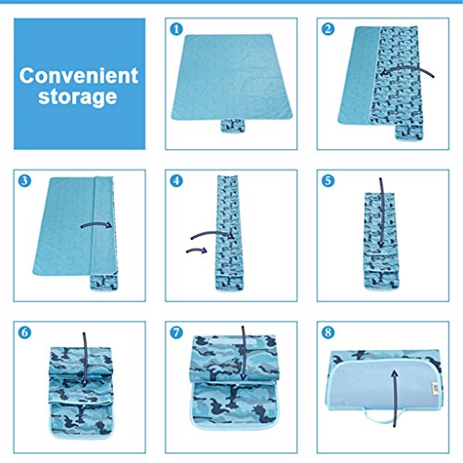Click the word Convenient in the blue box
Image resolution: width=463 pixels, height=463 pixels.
click(79, 75)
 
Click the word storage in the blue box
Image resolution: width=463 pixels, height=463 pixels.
click(78, 97)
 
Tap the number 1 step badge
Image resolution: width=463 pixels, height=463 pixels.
click(176, 29)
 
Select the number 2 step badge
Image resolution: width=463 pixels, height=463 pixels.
click(328, 29)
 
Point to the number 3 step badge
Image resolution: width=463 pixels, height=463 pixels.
click(25, 181)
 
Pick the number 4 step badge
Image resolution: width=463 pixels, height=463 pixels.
click(176, 181)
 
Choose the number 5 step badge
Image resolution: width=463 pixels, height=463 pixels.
click(328, 181)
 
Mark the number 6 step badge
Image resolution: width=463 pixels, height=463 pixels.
click(25, 332)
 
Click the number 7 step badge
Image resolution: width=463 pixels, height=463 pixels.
click(176, 332)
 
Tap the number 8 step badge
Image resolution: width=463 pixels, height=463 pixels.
click(328, 332)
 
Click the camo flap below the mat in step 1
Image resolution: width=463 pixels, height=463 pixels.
click(232, 126)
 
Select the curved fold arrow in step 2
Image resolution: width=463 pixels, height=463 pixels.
click(407, 69)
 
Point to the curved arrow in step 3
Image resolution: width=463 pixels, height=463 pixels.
click(96, 224)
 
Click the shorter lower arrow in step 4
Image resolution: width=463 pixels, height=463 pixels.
click(197, 250)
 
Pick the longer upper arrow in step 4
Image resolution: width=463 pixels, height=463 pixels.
click(213, 233)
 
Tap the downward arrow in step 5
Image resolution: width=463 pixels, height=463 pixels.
click(382, 213)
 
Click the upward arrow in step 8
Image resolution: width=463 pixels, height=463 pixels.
click(394, 398)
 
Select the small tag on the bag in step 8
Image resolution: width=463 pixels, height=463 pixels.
click(435, 387)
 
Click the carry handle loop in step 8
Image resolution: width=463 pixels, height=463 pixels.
click(382, 417)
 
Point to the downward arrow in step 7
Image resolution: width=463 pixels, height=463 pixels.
click(244, 353)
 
